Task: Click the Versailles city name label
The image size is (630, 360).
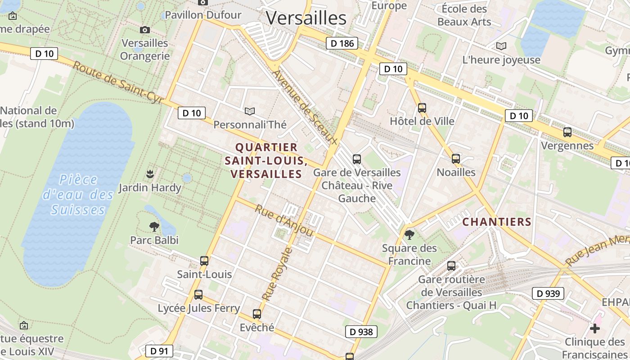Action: click(306, 18)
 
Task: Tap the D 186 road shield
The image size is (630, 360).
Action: click(342, 43)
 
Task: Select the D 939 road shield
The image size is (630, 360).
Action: click(548, 294)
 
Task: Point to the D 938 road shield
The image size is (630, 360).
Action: click(361, 332)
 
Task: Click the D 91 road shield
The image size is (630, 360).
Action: click(159, 351)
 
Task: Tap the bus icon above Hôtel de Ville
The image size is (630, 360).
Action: click(422, 108)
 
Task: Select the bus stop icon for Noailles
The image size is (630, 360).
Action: click(456, 159)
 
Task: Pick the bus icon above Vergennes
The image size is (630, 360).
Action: click(567, 132)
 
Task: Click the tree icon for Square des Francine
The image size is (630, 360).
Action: click(409, 234)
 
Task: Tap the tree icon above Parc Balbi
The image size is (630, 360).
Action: click(154, 226)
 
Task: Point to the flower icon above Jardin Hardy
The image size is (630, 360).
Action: click(150, 174)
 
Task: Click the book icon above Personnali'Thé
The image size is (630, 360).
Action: click(250, 111)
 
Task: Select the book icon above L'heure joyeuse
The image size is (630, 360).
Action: click(501, 46)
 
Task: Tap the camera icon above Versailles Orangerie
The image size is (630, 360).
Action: click(144, 30)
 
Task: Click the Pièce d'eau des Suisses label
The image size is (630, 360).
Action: click(78, 195)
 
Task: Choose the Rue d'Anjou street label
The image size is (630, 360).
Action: click(284, 220)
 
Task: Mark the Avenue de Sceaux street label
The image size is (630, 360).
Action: click(305, 107)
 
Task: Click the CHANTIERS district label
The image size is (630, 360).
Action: click(497, 222)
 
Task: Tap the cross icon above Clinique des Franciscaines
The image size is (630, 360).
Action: click(595, 328)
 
